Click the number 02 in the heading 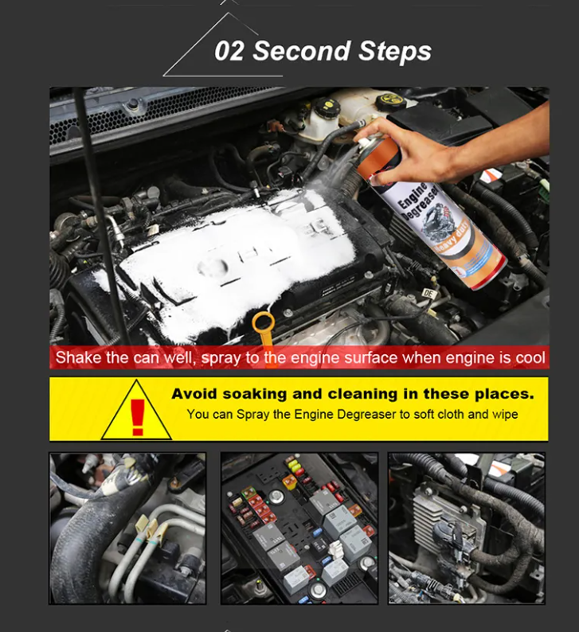click(229, 51)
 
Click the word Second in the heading click(302, 51)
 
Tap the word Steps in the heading click(395, 52)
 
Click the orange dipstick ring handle click(264, 324)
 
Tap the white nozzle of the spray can click(362, 142)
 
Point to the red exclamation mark click(138, 417)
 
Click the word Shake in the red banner click(79, 357)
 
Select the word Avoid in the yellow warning click(194, 394)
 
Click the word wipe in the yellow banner click(505, 415)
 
